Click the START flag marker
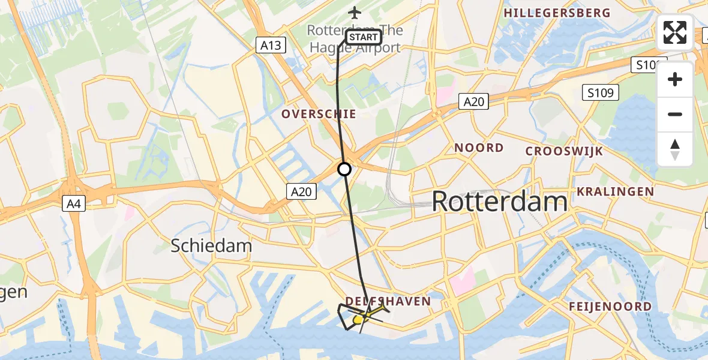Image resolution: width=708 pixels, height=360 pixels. tap(362, 37)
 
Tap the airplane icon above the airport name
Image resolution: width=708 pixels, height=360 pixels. tap(355, 13)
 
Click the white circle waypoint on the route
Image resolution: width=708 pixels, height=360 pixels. tap(344, 169)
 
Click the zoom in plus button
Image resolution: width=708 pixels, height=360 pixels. tap(675, 79)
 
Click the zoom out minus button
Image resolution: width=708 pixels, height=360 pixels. tap(675, 114)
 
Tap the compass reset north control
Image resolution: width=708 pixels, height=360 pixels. tap(675, 149)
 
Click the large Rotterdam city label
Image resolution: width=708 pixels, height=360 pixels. tap(499, 202)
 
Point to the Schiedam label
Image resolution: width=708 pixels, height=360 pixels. tap(211, 245)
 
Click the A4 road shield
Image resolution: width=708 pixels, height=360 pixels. tap(73, 204)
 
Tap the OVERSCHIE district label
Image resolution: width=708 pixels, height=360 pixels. tap(319, 114)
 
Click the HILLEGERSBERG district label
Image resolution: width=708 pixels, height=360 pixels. tap(557, 13)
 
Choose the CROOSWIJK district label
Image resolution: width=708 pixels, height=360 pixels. tap(564, 151)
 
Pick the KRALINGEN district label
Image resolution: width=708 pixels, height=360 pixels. tap(616, 191)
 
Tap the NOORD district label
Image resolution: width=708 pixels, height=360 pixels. tap(479, 148)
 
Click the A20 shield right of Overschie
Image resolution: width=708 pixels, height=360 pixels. tap(473, 102)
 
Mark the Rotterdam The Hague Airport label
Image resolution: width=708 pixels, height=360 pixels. tap(355, 38)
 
